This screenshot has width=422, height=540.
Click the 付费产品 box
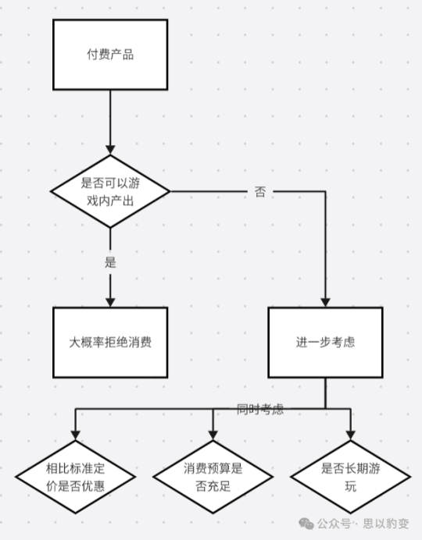click(x=110, y=55)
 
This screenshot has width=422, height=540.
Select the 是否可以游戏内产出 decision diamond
click(x=110, y=191)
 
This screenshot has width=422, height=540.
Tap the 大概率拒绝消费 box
click(x=110, y=342)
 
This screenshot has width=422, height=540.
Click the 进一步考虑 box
click(x=325, y=342)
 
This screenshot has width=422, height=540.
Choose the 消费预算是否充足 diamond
click(x=213, y=478)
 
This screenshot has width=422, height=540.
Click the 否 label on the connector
click(x=259, y=191)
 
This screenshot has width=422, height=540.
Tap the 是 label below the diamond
click(x=110, y=262)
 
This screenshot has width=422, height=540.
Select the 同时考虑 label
click(x=260, y=409)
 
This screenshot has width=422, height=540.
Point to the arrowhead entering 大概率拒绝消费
click(x=110, y=301)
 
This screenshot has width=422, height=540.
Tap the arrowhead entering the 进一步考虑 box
click(x=325, y=301)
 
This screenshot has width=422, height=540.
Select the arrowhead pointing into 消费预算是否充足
click(x=213, y=435)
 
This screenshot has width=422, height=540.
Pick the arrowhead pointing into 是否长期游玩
click(x=349, y=435)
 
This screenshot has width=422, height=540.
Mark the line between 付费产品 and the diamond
click(x=110, y=117)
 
